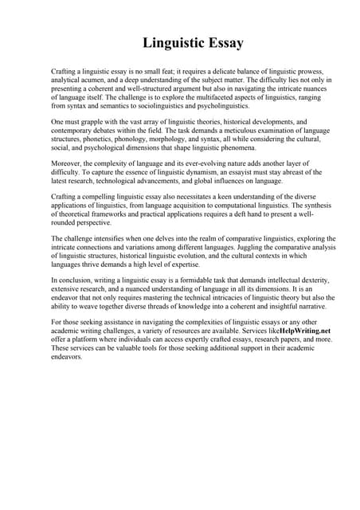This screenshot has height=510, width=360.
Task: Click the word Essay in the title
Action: [222, 42]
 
